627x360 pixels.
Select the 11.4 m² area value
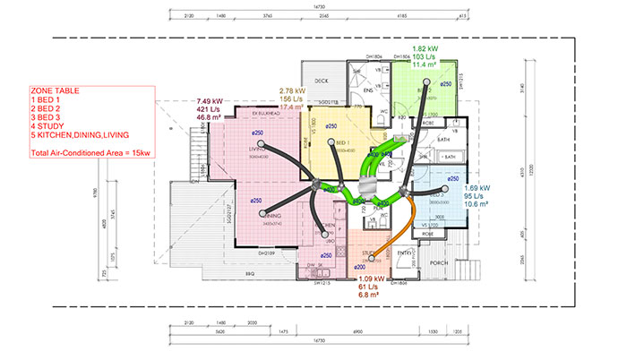coord(424,64)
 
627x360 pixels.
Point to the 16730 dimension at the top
coord(319,6)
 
